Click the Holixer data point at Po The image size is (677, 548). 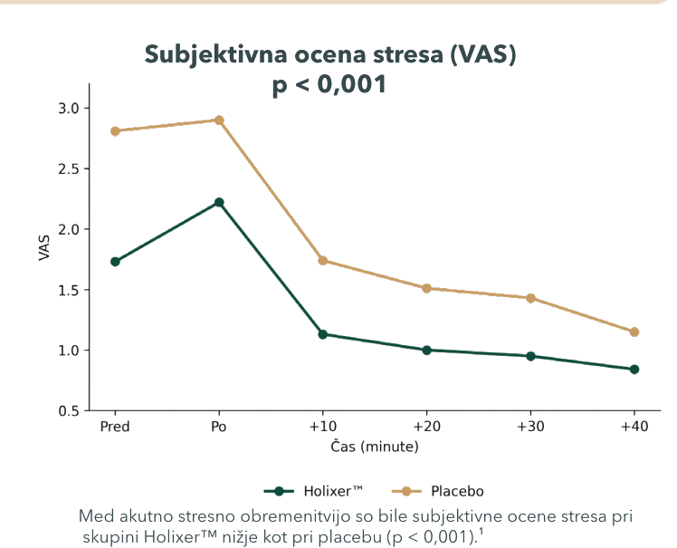coord(219,202)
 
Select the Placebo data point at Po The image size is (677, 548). coord(219,120)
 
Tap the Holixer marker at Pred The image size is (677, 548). coord(115,262)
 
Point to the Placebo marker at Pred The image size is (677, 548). coord(115,131)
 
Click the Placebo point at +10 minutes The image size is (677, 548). coord(322,260)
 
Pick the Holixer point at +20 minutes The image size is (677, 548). coord(426,350)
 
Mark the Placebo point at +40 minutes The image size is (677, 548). coord(634,332)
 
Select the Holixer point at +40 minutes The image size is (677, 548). coord(634,369)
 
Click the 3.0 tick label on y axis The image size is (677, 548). coord(69,108)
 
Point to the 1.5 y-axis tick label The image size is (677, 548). coord(69,290)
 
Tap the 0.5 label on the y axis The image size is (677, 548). coord(69,411)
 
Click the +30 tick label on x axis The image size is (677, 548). coord(530,427)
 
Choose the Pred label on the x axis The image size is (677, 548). coord(115,427)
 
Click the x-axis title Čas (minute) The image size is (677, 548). coord(375,447)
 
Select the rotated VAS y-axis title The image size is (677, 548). coord(44,247)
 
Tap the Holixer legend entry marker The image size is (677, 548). coord(279,491)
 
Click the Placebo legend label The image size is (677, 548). coord(457,491)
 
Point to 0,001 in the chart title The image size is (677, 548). coord(351,84)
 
